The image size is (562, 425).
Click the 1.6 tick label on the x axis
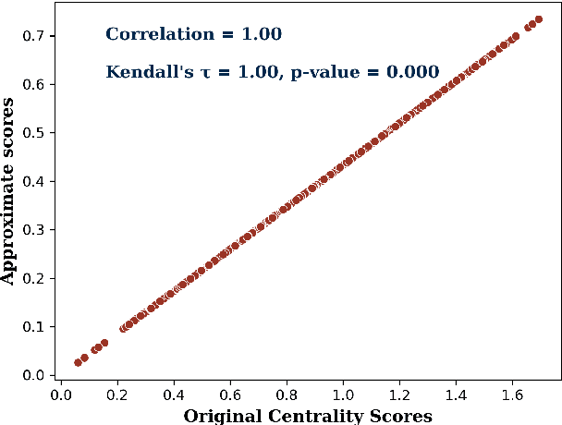coord(513,395)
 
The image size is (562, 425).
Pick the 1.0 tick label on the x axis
coord(343,395)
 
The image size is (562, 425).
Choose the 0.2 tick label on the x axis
coord(116,395)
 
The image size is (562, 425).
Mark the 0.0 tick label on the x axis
coord(60,395)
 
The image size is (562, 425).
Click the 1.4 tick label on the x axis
coord(457,395)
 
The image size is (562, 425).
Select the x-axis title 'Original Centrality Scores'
coord(308,416)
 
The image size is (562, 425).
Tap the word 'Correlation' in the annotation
coord(147,35)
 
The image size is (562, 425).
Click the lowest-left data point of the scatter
coord(78,363)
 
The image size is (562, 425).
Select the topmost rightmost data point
coord(538,19)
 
